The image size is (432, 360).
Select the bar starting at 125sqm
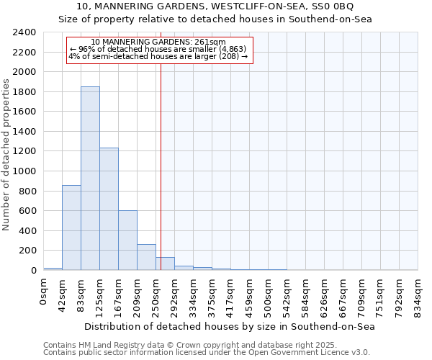[x=109, y=209]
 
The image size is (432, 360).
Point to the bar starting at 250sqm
[x=165, y=264]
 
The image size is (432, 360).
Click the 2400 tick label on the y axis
[x=24, y=32]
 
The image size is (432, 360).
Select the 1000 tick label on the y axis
[x=24, y=171]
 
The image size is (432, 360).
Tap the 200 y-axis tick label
[x=27, y=251]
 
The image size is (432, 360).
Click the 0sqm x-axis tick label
[x=44, y=292]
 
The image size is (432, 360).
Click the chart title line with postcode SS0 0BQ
[x=216, y=6]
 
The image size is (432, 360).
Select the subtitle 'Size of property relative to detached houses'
[x=216, y=19]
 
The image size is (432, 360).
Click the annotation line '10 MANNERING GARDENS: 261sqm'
[x=159, y=42]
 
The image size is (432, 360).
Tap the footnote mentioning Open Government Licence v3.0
[x=207, y=352]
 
